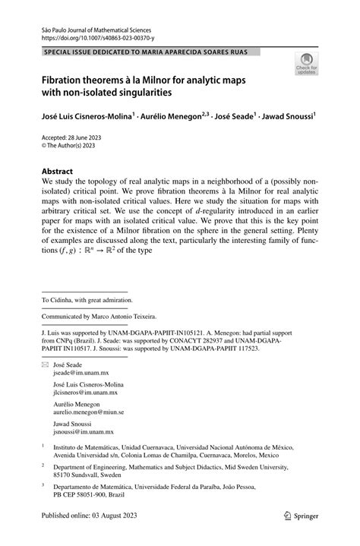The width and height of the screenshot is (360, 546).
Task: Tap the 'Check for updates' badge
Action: click(306, 65)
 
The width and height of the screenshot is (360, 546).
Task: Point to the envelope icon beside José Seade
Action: click(45, 365)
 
